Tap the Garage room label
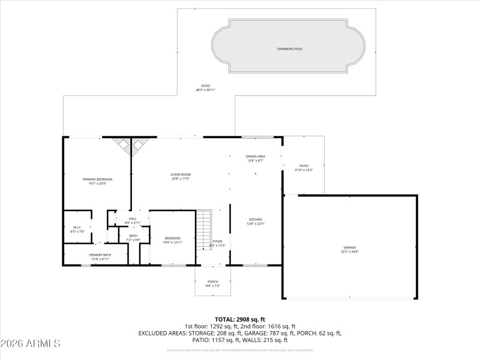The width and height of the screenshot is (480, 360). click(350, 247)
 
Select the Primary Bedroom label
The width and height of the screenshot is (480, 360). click(97, 179)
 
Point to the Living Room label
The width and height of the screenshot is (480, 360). click(181, 174)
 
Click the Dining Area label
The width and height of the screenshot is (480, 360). click(256, 156)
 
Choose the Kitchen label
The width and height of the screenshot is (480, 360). click(256, 220)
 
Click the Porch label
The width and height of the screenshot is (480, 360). click(213, 281)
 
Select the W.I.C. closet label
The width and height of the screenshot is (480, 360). click(77, 227)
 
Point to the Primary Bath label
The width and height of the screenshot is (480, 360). click(100, 255)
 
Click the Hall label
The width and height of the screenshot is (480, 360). click(133, 219)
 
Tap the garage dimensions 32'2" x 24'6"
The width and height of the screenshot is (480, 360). click(350, 251)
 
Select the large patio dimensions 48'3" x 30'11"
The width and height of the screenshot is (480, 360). click(205, 90)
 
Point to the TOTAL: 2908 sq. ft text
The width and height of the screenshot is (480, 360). click(240, 319)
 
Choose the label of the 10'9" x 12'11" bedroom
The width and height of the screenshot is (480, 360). click(172, 238)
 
